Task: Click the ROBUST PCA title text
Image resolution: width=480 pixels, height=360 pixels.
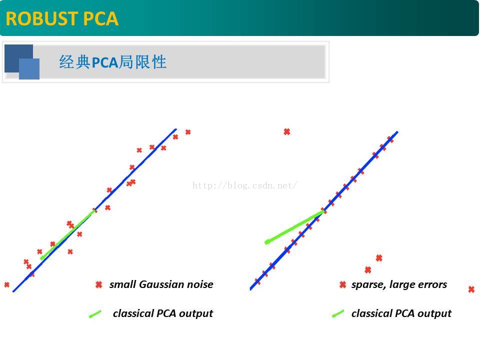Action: (x=62, y=18)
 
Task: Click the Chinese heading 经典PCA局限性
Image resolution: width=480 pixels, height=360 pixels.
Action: (x=112, y=62)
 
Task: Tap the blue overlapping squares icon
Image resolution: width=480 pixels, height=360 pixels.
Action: (x=22, y=62)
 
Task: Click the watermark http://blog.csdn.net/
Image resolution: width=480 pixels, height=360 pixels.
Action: (x=245, y=185)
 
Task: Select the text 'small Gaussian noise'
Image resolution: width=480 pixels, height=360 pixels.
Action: (x=161, y=284)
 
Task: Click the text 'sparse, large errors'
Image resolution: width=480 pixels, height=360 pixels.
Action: (x=399, y=284)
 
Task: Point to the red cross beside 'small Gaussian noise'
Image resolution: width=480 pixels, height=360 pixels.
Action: (x=98, y=284)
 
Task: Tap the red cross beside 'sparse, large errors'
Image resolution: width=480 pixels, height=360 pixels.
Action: (x=342, y=284)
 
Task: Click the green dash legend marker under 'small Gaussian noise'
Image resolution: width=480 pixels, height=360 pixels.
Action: (x=95, y=314)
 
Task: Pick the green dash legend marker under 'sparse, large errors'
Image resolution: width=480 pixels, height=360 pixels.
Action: (x=338, y=314)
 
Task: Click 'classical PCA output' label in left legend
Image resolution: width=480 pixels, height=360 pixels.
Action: (x=162, y=313)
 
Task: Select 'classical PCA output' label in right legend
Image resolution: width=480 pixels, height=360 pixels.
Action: (x=401, y=313)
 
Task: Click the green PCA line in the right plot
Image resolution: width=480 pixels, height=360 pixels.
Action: (x=292, y=228)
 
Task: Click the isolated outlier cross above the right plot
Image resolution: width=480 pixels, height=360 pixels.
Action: (x=287, y=131)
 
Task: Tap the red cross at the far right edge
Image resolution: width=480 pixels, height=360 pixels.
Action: (x=471, y=289)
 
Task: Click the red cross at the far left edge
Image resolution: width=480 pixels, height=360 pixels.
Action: (x=6, y=284)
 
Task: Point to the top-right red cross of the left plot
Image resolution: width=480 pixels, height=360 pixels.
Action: (x=188, y=132)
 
